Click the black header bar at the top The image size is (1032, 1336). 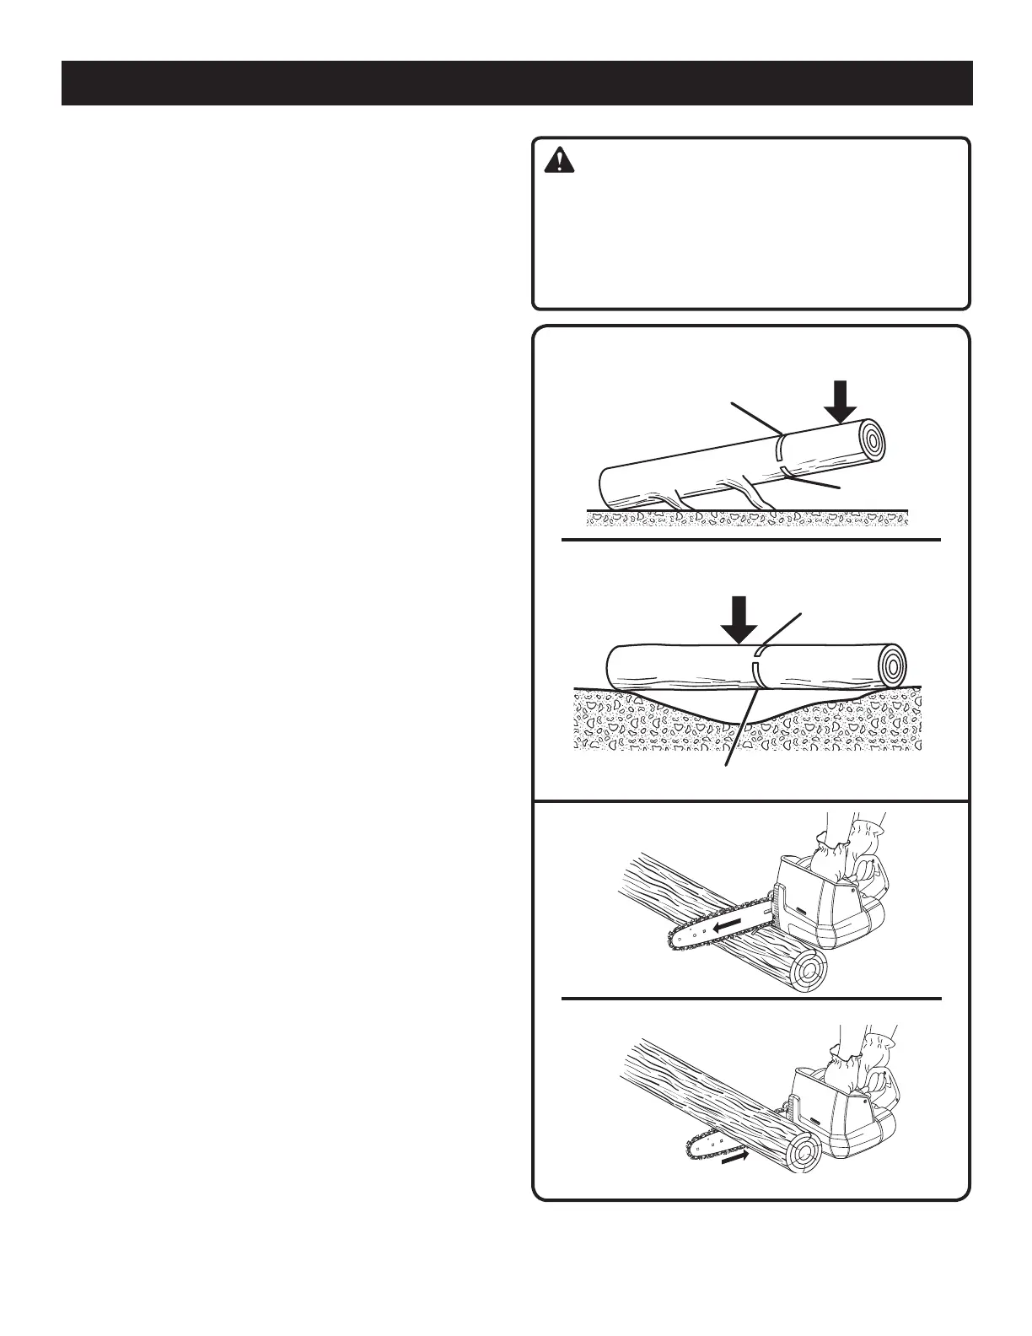tap(517, 83)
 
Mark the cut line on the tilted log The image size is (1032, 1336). tap(782, 454)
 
